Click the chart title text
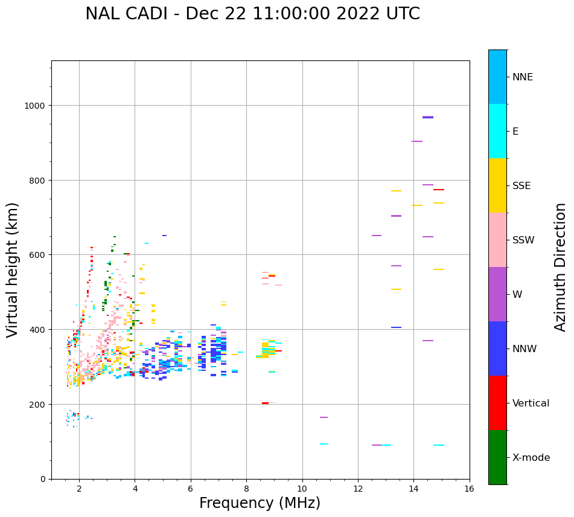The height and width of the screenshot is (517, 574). coord(252,14)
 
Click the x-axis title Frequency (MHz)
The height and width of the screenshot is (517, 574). coord(260,503)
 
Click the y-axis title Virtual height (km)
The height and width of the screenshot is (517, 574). coord(13,270)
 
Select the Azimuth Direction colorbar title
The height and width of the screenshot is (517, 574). coord(561,267)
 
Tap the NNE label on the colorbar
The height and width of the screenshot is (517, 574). coord(523,77)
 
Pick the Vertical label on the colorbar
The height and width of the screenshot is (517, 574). coord(531,403)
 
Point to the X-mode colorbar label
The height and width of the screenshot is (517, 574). coord(531,457)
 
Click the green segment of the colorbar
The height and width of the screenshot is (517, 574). coord(497,457)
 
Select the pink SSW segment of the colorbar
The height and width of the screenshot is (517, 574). coord(497,240)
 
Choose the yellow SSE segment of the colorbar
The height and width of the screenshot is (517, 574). coord(497,185)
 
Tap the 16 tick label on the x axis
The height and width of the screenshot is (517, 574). coord(470,489)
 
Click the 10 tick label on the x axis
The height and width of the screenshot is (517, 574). coord(302,489)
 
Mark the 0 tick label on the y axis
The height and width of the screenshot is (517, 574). coord(42,479)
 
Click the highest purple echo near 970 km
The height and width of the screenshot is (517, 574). coord(428,117)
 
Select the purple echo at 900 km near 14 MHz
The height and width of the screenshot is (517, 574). coord(417,141)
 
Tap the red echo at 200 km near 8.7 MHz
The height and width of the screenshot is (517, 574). coord(265,403)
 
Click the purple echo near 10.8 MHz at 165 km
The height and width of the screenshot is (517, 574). coord(324,417)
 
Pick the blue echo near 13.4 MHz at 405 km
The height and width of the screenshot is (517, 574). coord(396,327)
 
